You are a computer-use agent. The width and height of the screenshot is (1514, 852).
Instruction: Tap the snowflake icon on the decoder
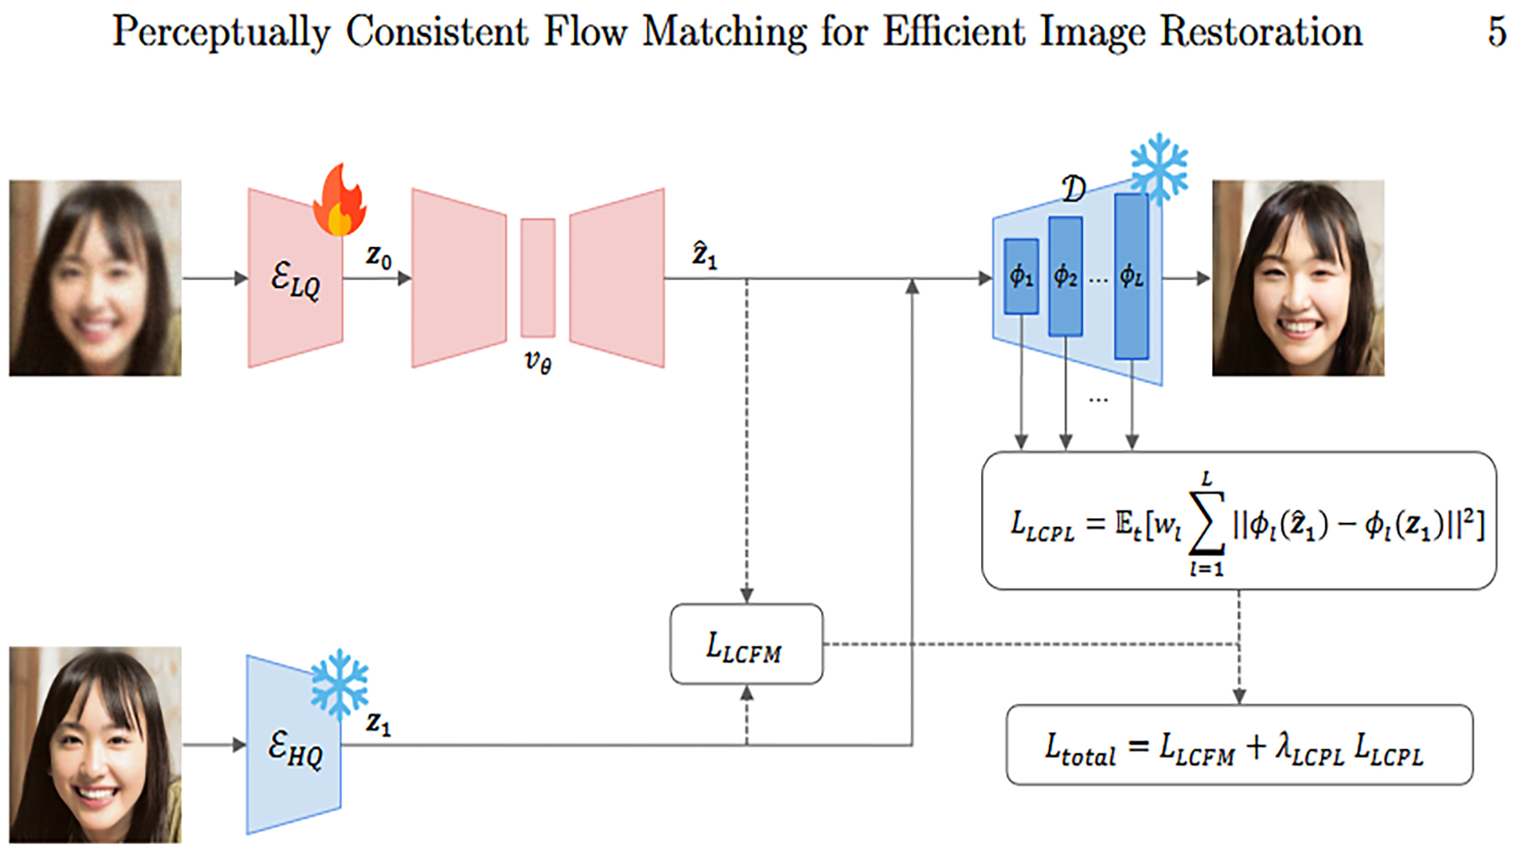tap(1158, 168)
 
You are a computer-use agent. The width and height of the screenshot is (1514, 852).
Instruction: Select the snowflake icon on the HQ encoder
tap(339, 684)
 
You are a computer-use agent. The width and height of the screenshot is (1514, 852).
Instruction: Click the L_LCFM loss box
tap(746, 644)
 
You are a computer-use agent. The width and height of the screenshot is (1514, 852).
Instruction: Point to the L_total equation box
tap(1240, 745)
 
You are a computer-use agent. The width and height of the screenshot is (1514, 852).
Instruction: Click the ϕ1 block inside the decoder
tap(1021, 276)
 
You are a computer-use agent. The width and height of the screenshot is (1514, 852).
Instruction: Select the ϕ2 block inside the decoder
tap(1065, 276)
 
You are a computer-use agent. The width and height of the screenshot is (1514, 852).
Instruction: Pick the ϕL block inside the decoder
tap(1132, 276)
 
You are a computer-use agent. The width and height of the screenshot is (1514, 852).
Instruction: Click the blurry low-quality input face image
tap(95, 278)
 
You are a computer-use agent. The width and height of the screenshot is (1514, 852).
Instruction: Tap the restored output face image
tap(1298, 278)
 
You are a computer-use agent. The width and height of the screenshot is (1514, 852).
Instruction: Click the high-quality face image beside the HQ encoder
tap(95, 745)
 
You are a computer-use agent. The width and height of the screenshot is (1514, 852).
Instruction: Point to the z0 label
tap(378, 256)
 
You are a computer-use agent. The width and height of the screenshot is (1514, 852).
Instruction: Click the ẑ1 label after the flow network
tap(704, 255)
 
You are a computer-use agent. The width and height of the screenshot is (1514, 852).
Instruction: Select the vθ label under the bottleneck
tap(538, 361)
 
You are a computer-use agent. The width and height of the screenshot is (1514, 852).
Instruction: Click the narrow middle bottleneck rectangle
tap(538, 278)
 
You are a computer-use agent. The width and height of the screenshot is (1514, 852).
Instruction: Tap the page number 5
tap(1497, 32)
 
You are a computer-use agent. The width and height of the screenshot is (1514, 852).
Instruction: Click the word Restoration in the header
tap(1261, 32)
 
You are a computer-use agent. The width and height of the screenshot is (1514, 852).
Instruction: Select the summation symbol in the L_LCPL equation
tap(1206, 522)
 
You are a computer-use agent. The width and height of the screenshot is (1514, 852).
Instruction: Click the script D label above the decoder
tap(1074, 189)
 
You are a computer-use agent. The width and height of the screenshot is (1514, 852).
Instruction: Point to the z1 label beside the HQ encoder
tap(378, 723)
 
